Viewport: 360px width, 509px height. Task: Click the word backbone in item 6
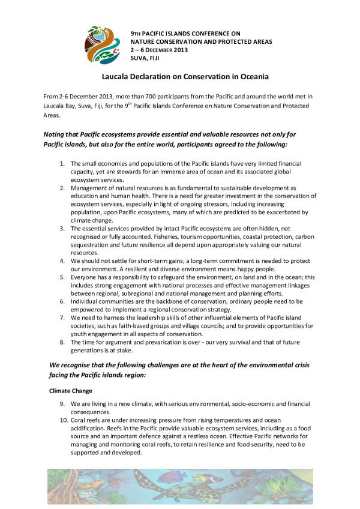click(x=169, y=301)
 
